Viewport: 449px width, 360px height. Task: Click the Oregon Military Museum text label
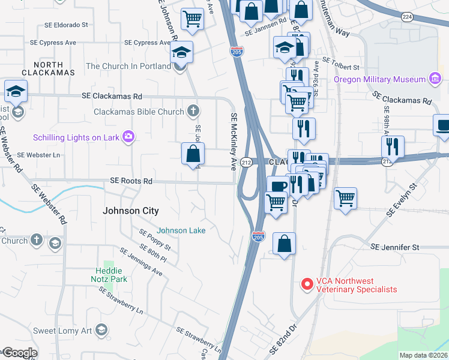[x=379, y=79]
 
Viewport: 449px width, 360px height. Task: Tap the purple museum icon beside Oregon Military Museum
[x=435, y=79]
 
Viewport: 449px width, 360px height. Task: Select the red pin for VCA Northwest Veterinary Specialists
[x=307, y=284]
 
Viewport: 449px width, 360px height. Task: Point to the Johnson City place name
[x=131, y=211]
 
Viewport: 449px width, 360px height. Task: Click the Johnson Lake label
[x=181, y=230]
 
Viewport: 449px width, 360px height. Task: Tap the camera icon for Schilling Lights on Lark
[x=127, y=137]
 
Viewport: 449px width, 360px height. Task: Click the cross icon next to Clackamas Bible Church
[x=193, y=111]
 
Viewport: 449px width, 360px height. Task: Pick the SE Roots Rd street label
[x=131, y=181]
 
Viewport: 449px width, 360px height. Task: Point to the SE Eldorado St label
[x=67, y=26]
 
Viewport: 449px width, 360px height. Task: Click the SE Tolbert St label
[x=340, y=60]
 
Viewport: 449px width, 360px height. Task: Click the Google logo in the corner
[x=20, y=353]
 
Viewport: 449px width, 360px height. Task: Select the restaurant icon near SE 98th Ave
[x=393, y=146]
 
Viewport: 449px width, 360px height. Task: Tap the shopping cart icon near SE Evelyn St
[x=345, y=197]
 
